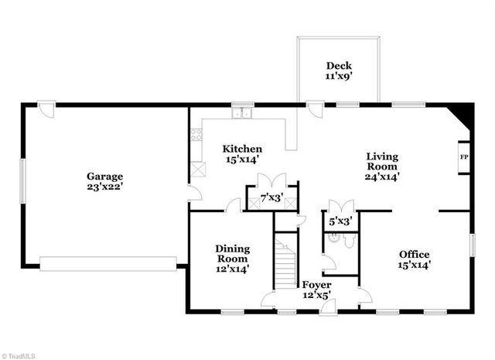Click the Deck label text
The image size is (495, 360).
coord(338,66)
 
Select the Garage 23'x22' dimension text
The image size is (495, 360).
coord(105,187)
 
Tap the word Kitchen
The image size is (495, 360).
coord(242,149)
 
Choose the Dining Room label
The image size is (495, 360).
coord(232,253)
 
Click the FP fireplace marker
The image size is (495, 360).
coord(464,158)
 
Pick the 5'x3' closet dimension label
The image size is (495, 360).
coord(341,221)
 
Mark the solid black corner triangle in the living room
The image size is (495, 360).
coord(464,116)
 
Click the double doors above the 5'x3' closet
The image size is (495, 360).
coord(341,206)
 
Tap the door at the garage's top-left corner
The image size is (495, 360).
coord(47,109)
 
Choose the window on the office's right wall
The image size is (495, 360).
coord(472,247)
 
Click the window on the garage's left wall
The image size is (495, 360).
coord(22,183)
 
